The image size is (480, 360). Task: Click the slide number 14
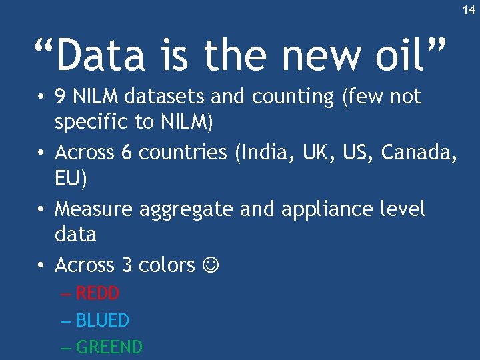pos(469,10)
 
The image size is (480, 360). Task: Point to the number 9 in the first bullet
pos(60,97)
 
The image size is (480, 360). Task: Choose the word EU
pos(66,179)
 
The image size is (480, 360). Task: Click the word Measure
pos(94,209)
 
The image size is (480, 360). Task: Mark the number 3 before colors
pos(127,265)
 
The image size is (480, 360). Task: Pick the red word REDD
pos(97,293)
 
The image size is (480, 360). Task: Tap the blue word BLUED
pos(103,321)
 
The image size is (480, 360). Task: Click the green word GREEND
pos(109,347)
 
